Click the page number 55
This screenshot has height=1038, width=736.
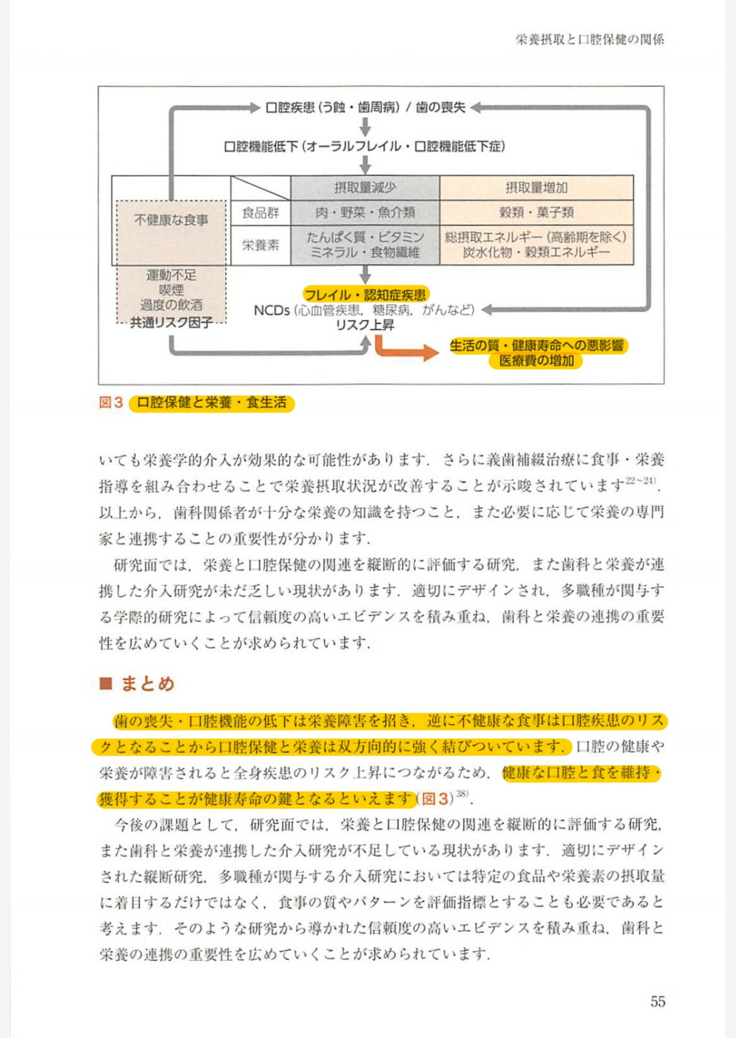(x=658, y=1002)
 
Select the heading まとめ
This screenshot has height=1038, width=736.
(x=148, y=684)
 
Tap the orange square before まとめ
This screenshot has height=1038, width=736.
(x=106, y=684)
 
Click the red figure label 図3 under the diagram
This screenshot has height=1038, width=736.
(x=110, y=402)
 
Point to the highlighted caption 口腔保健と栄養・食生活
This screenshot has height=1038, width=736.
(x=211, y=402)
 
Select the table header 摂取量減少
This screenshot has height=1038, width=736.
(x=365, y=188)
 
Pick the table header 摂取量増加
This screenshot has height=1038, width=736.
(x=536, y=188)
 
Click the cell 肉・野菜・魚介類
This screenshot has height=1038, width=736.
(x=365, y=212)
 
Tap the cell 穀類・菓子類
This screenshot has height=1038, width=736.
(x=536, y=212)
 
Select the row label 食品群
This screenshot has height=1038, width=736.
(x=260, y=213)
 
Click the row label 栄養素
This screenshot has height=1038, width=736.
(x=260, y=244)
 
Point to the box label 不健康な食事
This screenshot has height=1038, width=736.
(x=171, y=220)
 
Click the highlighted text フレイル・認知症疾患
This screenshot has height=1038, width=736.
(x=365, y=294)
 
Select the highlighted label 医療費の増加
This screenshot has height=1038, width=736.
(x=536, y=361)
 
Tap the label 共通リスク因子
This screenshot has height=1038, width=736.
(x=171, y=323)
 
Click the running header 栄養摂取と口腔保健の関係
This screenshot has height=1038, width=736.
(x=589, y=39)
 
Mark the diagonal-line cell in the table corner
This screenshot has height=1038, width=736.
(x=260, y=188)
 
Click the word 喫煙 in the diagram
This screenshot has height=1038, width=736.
(x=171, y=290)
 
